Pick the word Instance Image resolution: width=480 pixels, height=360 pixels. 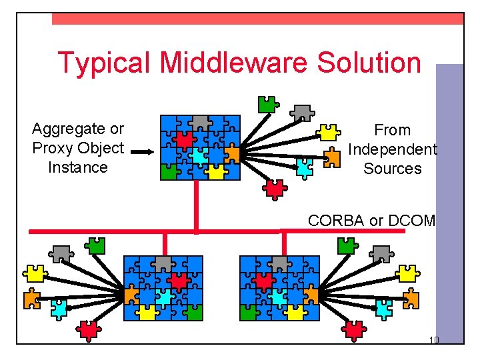tap(77, 167)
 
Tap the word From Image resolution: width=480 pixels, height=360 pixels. tap(392, 130)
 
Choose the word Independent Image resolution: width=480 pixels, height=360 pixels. tap(392, 149)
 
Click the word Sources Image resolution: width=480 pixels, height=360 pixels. tap(392, 169)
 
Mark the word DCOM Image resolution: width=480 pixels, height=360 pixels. tap(410, 221)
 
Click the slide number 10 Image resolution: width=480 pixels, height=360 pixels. tap(433, 341)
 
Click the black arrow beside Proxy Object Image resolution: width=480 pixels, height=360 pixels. tap(141, 152)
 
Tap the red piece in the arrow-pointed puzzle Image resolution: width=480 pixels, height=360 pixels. tap(184, 139)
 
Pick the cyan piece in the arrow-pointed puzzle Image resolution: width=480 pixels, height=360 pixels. tap(199, 155)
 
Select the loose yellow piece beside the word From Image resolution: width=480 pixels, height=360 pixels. tap(327, 132)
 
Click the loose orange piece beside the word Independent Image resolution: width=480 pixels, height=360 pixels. tap(331, 157)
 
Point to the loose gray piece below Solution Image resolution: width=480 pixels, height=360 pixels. tap(303, 112)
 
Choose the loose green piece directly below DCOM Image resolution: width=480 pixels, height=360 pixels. tap(346, 245)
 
